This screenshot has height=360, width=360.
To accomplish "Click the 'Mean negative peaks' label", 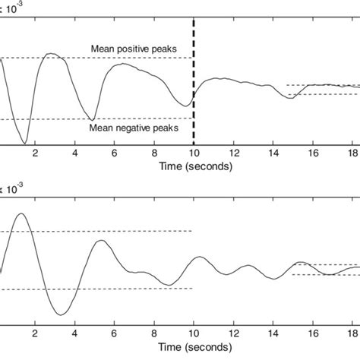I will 133,128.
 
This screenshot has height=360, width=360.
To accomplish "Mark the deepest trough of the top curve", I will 25,144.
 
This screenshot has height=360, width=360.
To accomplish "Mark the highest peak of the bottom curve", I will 21,214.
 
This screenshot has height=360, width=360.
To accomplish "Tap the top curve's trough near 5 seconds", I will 92,120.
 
